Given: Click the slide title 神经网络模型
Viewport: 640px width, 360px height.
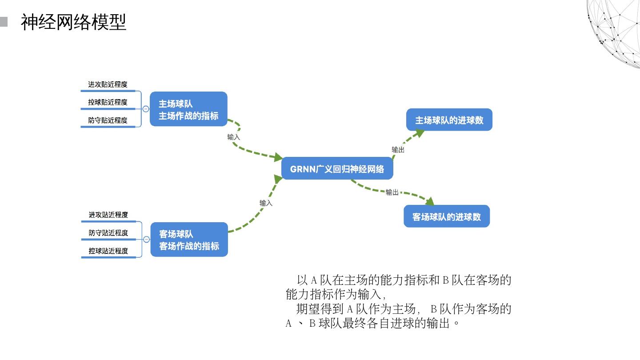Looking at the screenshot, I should point(74,22).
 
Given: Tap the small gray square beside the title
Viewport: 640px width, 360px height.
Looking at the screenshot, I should point(4,22).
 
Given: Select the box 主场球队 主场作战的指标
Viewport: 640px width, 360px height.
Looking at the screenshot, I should point(188,109).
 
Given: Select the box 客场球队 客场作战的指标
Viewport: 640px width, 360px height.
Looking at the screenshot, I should point(189,240).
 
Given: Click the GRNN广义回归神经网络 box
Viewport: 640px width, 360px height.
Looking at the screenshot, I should point(337,169).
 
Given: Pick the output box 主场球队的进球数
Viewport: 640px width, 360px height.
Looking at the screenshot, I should point(449,120).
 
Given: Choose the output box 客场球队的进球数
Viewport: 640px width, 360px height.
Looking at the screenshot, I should point(447,216).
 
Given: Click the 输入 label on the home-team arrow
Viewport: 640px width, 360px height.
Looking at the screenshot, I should point(234,137).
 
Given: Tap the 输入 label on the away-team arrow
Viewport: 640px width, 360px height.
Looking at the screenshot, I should point(266,203).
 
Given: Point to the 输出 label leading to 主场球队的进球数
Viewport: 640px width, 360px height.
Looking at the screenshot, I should point(398,150).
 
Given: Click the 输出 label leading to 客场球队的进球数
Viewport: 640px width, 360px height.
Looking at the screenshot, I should point(392,192).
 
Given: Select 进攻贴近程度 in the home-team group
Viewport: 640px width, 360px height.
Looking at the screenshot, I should point(108,84).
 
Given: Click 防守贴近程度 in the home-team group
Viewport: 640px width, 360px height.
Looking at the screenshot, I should point(108,120).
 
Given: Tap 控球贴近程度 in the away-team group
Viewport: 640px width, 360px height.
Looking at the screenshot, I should point(108,251).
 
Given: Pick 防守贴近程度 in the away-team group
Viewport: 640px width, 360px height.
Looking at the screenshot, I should point(108,233).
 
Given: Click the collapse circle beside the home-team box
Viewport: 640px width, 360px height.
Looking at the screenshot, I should point(146,109).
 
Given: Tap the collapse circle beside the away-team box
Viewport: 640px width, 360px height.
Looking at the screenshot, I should point(146,240).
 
